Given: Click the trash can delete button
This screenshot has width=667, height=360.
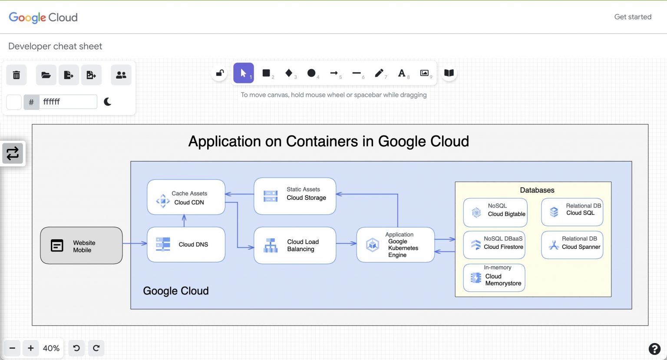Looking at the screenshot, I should click(17, 75).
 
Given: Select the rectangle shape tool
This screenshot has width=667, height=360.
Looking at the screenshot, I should click(266, 73).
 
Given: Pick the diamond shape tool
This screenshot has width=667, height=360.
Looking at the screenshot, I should click(289, 73).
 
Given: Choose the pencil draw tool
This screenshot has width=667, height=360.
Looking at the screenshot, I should click(379, 73).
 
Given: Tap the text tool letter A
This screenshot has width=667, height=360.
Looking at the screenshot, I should click(402, 73).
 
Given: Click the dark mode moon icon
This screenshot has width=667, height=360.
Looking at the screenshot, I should click(108, 102).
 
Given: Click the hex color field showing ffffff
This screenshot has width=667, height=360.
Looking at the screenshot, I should click(68, 102).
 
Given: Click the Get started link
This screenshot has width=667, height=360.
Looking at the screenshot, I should click(632, 17).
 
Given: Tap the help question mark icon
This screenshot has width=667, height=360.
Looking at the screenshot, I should click(654, 349).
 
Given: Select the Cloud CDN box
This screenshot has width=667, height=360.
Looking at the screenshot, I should click(186, 198).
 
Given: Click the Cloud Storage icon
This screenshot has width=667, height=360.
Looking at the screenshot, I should click(271, 196).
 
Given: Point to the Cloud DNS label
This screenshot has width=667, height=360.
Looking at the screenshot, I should click(193, 244).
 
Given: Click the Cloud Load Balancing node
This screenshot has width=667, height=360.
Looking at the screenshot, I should click(295, 245).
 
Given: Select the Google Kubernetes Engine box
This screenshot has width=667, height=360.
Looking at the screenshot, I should click(395, 245).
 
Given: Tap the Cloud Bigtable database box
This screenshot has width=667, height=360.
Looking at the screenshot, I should click(495, 212).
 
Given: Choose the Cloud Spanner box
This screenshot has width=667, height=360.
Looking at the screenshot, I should click(572, 245).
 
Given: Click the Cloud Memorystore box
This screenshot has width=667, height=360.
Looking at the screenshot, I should click(494, 278).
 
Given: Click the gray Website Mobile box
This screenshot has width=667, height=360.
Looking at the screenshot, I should click(81, 245).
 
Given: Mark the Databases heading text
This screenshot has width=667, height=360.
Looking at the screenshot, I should click(537, 190).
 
